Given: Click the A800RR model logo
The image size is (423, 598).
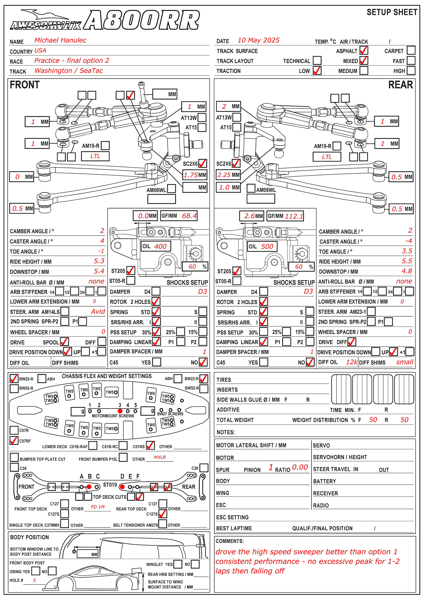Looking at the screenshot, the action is click(x=141, y=20).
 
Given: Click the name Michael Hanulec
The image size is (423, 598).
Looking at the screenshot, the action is click(x=60, y=40).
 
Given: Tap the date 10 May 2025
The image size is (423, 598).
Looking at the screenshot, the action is click(x=258, y=40).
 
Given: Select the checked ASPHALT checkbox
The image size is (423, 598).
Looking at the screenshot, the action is click(x=364, y=50).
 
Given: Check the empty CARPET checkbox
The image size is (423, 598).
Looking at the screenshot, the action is click(x=411, y=50).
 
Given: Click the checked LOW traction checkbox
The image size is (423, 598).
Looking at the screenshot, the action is click(x=317, y=71).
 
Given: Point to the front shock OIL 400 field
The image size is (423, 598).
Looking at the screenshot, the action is click(x=156, y=246).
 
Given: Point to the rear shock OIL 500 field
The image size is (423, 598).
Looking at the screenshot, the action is click(x=262, y=247).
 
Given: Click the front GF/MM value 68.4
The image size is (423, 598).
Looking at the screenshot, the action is click(x=189, y=216).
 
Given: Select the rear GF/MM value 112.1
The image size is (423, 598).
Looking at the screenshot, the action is click(x=294, y=216).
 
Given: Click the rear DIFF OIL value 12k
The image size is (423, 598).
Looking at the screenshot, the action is click(x=352, y=362).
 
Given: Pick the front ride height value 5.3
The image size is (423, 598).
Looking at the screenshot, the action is click(x=99, y=261).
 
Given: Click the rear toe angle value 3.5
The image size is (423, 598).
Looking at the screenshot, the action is click(x=407, y=251).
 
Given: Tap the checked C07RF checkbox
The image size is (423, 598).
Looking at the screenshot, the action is click(x=14, y=441).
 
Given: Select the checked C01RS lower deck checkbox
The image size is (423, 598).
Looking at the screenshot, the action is click(x=150, y=446).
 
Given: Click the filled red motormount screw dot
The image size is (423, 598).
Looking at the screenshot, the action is click(x=120, y=411).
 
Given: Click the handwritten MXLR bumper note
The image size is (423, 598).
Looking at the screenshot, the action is click(x=160, y=457).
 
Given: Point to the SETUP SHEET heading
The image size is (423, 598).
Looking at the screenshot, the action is click(x=392, y=12).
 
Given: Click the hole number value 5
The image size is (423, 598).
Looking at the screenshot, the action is click(x=34, y=580).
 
